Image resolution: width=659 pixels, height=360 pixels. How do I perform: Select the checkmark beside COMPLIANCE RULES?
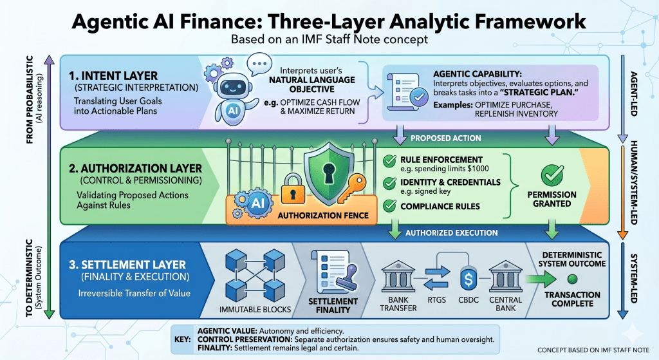(x=389, y=207)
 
